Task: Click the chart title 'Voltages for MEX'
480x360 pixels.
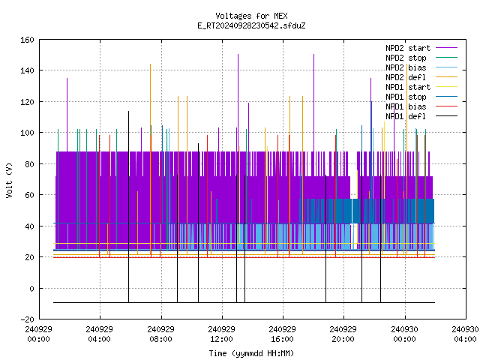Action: click(251, 16)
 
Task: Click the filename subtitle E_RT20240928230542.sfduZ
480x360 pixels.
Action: click(251, 25)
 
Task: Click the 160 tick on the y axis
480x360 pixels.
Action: click(27, 40)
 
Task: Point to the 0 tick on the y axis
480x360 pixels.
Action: click(31, 289)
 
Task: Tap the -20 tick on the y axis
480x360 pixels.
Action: click(27, 319)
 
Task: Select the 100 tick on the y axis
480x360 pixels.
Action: click(27, 133)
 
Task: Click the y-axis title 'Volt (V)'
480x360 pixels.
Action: click(10, 180)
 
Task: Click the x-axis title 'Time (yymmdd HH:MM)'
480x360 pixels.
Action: click(251, 353)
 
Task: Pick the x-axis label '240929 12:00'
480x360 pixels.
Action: click(221, 334)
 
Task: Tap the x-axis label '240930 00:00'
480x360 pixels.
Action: click(404, 334)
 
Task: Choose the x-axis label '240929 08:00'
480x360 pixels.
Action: click(160, 334)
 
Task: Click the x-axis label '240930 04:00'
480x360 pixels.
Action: click(465, 334)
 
